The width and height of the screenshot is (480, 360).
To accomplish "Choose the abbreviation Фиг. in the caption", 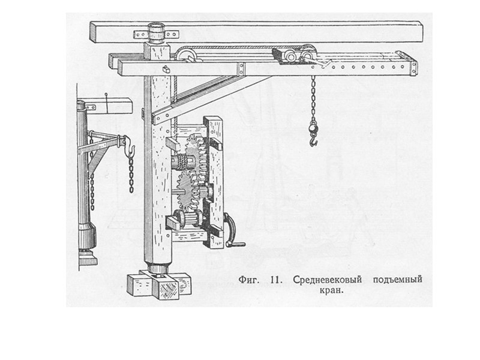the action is point(251,280).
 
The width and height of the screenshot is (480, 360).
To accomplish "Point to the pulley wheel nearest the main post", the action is point(187,57).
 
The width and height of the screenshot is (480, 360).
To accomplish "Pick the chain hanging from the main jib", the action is point(313,99).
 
